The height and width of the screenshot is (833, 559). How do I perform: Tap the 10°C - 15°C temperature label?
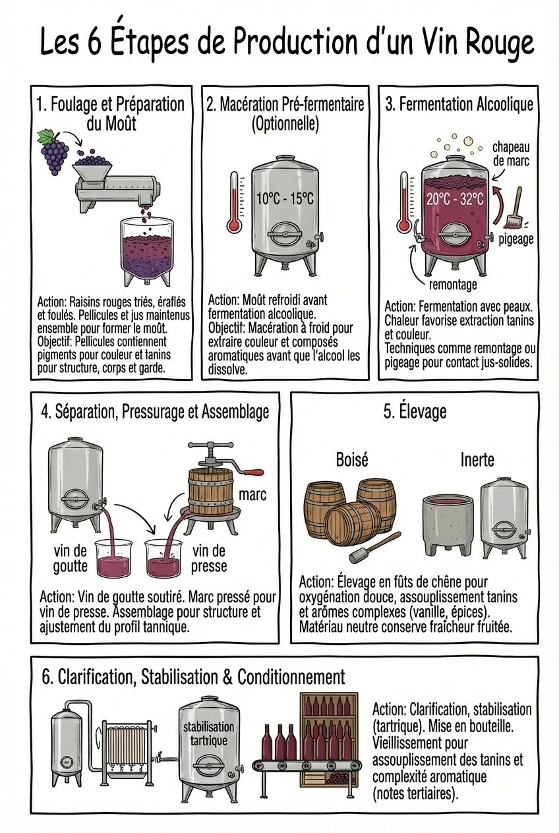click(284, 198)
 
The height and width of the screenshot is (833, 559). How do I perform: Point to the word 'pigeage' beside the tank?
click(515, 239)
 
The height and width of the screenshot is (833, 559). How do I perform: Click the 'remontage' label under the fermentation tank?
click(453, 285)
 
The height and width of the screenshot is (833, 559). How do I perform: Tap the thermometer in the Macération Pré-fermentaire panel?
click(234, 202)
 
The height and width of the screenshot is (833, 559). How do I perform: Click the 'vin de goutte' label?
click(70, 558)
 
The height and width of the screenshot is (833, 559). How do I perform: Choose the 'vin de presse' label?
click(210, 558)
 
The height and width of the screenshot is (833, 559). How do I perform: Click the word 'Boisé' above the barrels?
click(352, 459)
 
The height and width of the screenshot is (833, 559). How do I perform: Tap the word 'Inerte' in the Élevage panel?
click(477, 459)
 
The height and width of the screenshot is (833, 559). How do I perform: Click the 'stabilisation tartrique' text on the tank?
click(208, 733)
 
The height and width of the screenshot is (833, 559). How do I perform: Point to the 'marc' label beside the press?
click(252, 494)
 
